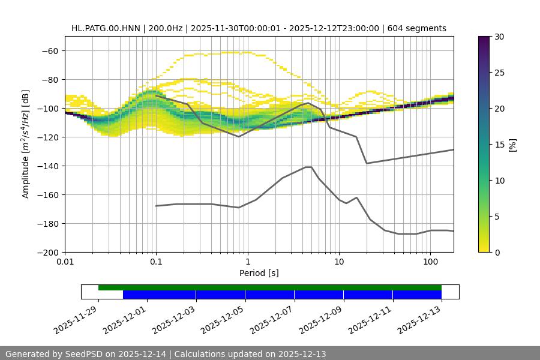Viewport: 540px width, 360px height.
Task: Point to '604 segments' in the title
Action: coord(417,28)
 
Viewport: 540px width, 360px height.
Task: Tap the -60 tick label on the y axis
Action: coord(50,50)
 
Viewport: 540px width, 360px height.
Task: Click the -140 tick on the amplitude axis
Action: coord(48,166)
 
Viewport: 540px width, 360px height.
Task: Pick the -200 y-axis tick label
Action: coord(48,252)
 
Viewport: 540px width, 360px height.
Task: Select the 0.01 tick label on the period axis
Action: coord(65,262)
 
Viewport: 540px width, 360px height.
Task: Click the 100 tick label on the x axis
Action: coord(430,262)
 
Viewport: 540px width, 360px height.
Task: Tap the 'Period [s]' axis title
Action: coord(259,273)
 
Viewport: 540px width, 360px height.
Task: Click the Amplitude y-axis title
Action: coord(25,144)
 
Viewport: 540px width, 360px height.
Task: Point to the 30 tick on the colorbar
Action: coord(499,37)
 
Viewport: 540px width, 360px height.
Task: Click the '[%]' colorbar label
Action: coord(512,145)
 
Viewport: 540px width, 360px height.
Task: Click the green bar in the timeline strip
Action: coord(270,287)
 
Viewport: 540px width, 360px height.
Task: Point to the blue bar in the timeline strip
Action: coord(282,295)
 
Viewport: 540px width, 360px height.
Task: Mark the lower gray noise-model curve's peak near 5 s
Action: coord(308,167)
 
